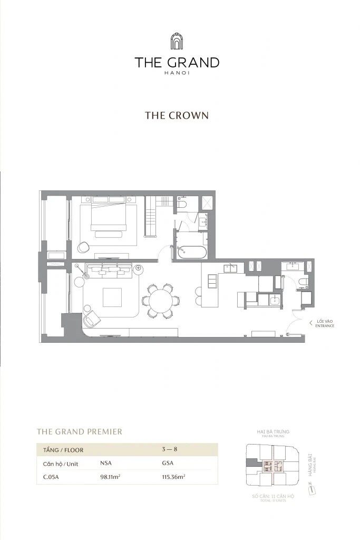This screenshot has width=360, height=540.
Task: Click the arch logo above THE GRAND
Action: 177,42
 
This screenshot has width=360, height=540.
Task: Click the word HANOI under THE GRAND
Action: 177,73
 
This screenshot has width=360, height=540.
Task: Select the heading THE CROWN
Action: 177,115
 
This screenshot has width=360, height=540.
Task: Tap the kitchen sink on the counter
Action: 231,267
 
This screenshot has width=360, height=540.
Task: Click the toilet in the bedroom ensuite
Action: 181,204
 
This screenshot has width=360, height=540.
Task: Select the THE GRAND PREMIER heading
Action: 79,431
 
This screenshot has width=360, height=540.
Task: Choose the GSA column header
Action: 168,464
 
